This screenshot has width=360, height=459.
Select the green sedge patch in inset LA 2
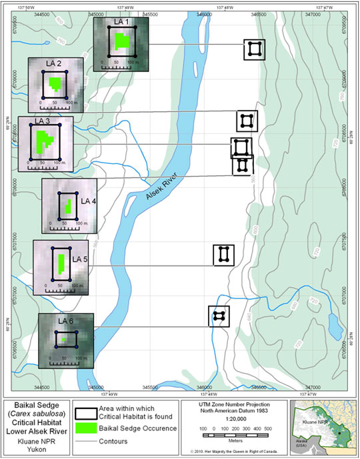coord(55,85)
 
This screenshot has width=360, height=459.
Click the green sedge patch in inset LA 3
coord(45,141)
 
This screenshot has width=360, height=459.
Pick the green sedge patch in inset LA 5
coord(61,264)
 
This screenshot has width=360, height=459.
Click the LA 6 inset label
coord(65,321)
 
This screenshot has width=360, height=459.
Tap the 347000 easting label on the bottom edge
coord(313,387)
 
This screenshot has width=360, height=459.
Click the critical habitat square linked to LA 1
coord(254,49)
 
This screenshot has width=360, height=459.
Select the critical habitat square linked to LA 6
coord(219,316)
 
